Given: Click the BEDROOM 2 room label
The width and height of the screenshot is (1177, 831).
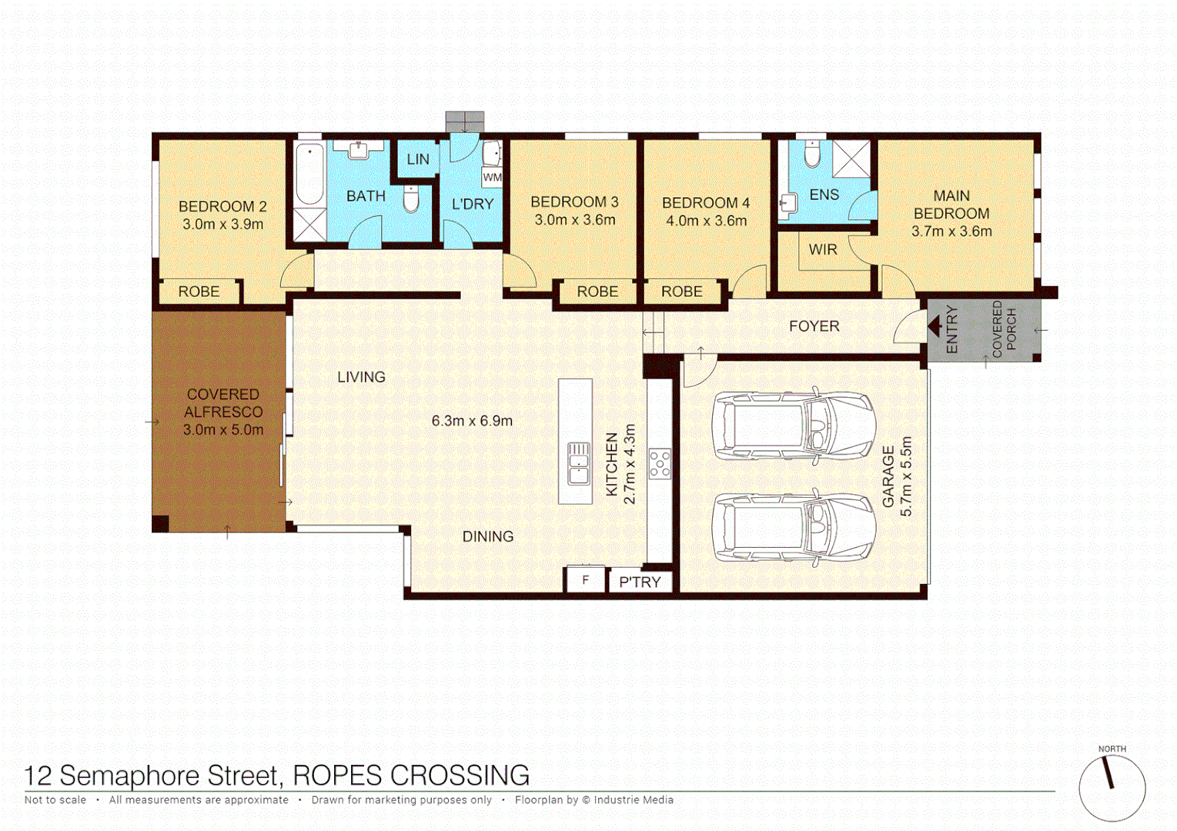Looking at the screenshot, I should (x=222, y=206).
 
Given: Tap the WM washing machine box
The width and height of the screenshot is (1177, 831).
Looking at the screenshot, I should (x=492, y=177).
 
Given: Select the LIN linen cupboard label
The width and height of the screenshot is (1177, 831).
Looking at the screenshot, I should (x=418, y=159).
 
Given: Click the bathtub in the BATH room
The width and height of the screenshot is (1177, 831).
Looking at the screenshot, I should (x=309, y=174).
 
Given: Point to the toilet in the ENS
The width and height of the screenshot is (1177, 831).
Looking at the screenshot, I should (x=812, y=154).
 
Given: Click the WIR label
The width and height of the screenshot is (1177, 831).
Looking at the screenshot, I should (x=822, y=249).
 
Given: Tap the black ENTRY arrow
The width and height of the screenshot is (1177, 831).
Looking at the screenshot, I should (x=935, y=327).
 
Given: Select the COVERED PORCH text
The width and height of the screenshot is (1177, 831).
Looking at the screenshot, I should (x=1004, y=329).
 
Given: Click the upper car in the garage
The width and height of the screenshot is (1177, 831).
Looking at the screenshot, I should (x=793, y=426).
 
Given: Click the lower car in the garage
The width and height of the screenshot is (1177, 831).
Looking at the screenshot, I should (x=793, y=528).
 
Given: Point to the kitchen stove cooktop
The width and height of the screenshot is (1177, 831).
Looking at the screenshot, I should (x=660, y=463).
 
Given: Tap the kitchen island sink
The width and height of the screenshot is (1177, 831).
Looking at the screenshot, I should (x=578, y=463).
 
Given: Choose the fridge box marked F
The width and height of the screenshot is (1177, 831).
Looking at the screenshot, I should (x=586, y=580).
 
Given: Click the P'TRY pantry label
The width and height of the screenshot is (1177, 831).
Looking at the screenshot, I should (x=640, y=582).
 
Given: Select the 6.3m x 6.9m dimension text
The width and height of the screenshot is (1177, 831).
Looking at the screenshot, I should (x=472, y=421).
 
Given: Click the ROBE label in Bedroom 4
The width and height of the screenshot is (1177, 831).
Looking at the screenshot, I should (x=681, y=292).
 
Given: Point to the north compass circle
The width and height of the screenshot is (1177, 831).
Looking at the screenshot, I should (x=1112, y=788).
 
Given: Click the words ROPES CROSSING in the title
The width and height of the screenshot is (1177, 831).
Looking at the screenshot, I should (x=411, y=775).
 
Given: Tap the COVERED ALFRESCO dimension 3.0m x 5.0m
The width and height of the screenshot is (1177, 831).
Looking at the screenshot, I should (x=223, y=430).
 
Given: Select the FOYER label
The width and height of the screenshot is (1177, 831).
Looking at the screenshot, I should (x=814, y=326).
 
